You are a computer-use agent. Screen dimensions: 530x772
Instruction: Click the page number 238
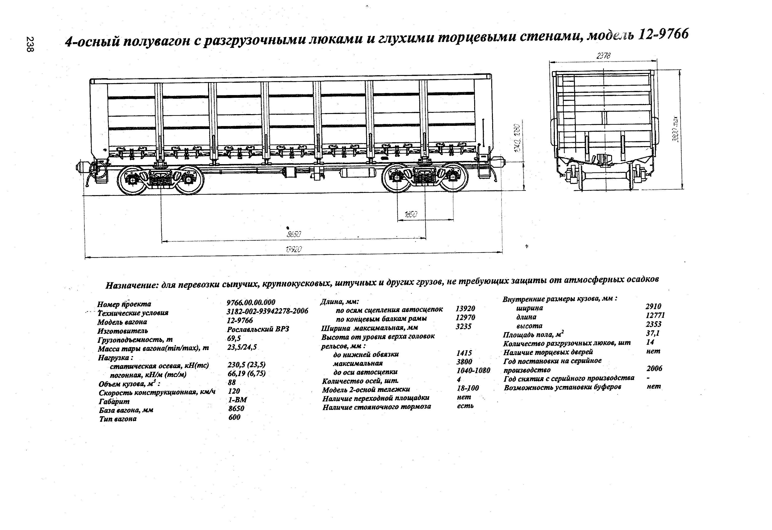[x=30, y=44]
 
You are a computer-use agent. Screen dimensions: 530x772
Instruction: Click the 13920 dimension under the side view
[x=294, y=249]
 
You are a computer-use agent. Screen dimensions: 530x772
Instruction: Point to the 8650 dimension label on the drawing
[x=294, y=234]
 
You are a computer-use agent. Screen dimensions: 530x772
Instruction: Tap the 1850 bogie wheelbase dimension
[x=411, y=215]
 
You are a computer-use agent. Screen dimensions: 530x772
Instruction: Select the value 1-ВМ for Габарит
[x=237, y=400]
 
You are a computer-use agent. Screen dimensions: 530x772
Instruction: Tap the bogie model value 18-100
[x=468, y=388]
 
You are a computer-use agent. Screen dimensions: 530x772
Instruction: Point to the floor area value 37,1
[x=653, y=333]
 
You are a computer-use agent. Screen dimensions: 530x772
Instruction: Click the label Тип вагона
[x=118, y=419]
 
